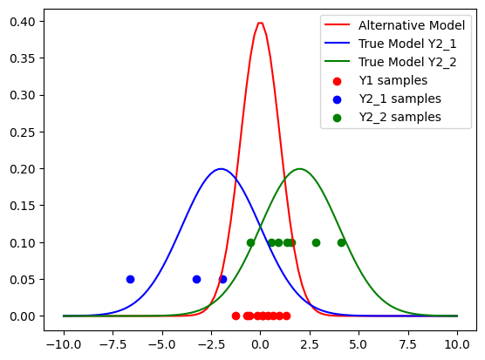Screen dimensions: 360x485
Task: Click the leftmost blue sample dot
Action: point(130,279)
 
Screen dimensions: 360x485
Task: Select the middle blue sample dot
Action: point(196,279)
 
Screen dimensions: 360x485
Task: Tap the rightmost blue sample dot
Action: point(222,279)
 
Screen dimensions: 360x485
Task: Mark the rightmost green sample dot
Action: point(341,242)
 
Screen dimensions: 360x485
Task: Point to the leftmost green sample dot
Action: point(250,242)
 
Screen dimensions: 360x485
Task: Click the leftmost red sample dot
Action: point(236,316)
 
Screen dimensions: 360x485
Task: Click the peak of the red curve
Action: point(260,23)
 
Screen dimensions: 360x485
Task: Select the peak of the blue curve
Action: point(221,169)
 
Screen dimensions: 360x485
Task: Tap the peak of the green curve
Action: point(299,169)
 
